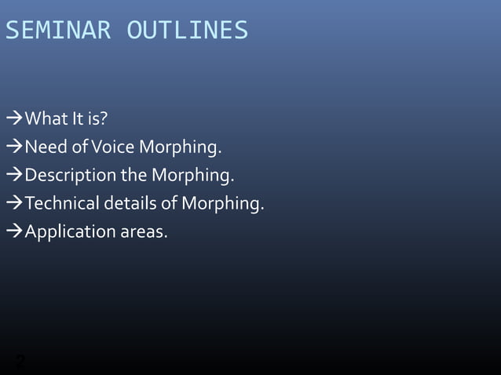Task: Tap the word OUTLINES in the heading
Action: tap(188, 31)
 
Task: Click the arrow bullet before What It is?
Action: tap(14, 119)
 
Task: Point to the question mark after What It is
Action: tap(104, 119)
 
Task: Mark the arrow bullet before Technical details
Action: tap(14, 204)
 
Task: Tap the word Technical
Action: tap(61, 204)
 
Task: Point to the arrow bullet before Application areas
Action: tap(14, 232)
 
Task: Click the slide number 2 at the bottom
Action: tap(20, 362)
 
